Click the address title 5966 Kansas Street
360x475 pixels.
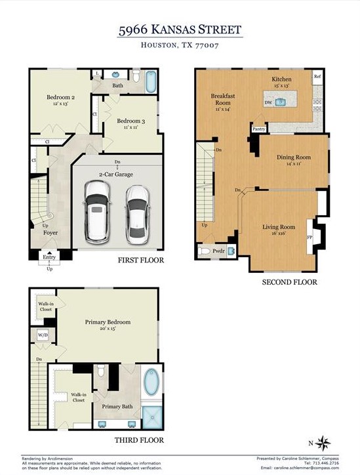(x=180, y=30)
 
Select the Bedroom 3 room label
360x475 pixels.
(x=131, y=121)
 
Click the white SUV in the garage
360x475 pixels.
(x=97, y=209)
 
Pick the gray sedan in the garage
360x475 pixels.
(x=137, y=212)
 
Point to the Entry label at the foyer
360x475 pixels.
(x=50, y=257)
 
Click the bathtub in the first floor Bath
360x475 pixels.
(x=150, y=81)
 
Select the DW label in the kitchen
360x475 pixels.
(x=268, y=102)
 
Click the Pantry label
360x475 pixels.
(x=259, y=130)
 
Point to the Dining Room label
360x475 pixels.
(x=293, y=157)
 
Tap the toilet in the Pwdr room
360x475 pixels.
(x=203, y=251)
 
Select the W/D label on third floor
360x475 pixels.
(x=44, y=335)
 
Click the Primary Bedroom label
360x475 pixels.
(x=108, y=322)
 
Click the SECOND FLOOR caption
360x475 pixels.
(x=289, y=282)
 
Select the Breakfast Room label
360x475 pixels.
(x=222, y=99)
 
